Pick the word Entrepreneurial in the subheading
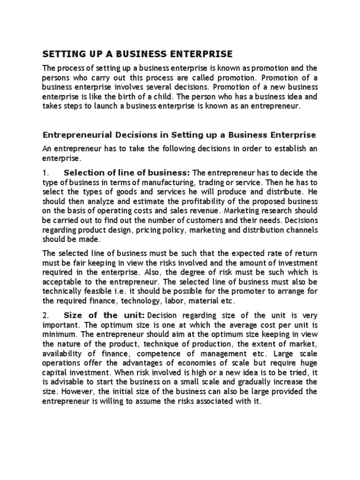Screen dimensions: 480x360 pyautogui.click(x=77, y=135)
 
